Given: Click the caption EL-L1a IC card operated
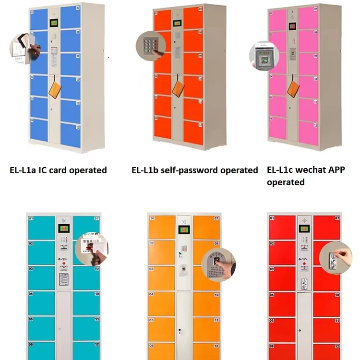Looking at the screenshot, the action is click(58, 170).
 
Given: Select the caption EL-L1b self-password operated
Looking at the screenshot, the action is click(194, 170).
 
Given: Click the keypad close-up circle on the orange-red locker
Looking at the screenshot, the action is click(148, 46).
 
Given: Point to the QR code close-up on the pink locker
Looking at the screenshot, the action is click(263, 55).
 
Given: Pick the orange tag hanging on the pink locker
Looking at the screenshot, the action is click(293, 87).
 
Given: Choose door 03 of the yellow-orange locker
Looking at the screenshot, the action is click(161, 277).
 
